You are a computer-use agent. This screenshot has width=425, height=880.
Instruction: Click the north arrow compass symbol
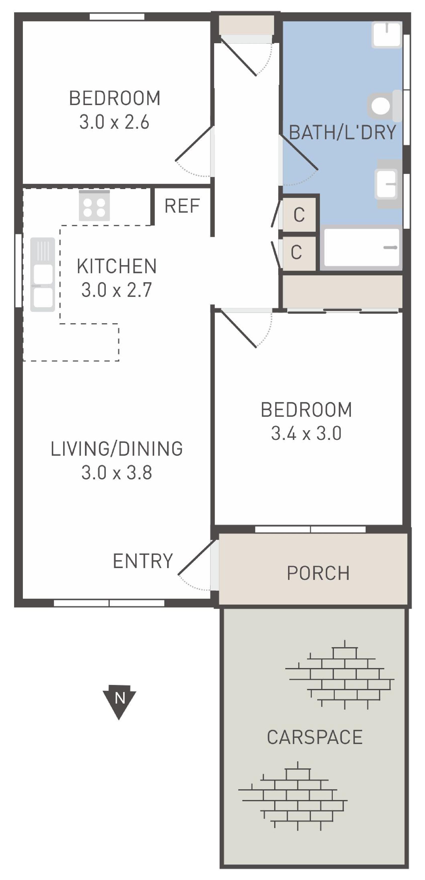tap(119, 701)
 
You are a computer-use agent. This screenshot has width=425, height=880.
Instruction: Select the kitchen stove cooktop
tap(94, 205)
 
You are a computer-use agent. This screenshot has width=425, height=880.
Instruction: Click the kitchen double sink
tap(43, 274)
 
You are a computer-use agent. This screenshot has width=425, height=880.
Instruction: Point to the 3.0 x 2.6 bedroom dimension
tap(114, 122)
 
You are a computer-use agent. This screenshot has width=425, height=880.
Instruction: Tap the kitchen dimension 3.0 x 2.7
tap(117, 290)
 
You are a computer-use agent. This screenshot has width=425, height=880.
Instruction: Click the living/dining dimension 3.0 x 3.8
tap(117, 473)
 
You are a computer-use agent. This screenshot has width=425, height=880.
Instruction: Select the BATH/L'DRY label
tap(342, 132)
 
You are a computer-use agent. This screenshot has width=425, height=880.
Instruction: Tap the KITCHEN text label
tap(117, 266)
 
